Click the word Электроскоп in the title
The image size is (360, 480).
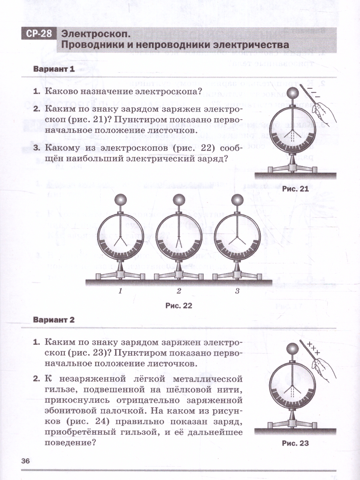tap(96, 34)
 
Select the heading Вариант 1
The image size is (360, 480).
tap(54, 69)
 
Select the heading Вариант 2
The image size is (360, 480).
tap(54, 320)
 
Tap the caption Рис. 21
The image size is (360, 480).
tap(295, 189)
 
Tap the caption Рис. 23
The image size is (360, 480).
tap(295, 443)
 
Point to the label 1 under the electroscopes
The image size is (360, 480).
tap(120, 291)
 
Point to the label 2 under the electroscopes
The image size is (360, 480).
tap(179, 291)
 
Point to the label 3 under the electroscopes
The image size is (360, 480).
tap(237, 291)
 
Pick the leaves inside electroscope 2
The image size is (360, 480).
tap(179, 242)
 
